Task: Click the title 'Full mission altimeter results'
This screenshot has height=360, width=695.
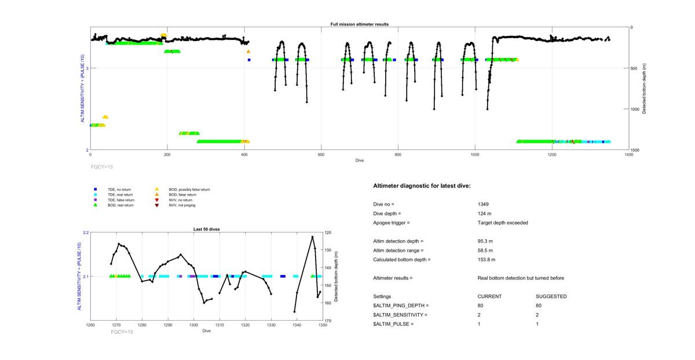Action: click(x=359, y=24)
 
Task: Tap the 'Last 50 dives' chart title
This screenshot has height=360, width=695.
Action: click(x=206, y=229)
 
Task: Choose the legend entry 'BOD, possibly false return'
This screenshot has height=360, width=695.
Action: click(x=188, y=189)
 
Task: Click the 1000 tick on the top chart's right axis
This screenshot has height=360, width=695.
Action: click(x=638, y=109)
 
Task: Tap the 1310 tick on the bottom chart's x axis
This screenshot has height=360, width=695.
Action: click(x=219, y=325)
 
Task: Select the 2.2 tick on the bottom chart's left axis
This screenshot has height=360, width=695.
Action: click(x=86, y=233)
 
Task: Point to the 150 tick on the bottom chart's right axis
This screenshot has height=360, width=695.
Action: click(x=328, y=285)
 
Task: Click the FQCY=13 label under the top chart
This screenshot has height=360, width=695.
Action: click(x=102, y=166)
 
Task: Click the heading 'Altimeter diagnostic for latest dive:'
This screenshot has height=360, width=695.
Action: click(x=422, y=186)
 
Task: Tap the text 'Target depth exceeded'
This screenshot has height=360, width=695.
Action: click(x=503, y=223)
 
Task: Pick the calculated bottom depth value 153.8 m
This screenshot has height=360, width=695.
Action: click(x=487, y=260)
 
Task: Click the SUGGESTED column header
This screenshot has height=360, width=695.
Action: click(x=551, y=296)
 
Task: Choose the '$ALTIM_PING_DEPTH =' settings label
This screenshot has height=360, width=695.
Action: click(x=401, y=306)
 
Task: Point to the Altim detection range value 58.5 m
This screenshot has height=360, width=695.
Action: click(x=485, y=251)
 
